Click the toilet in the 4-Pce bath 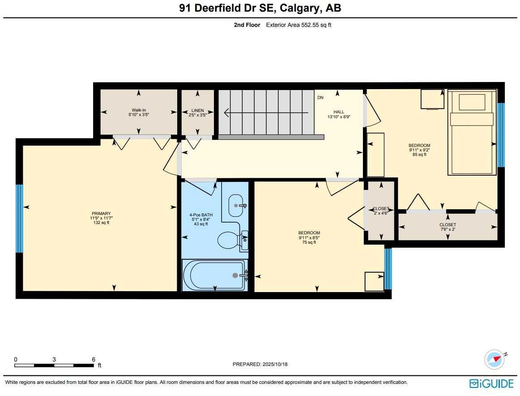(229, 240)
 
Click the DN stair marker (320, 97)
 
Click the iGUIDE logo (491, 383)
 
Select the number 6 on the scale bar (94, 359)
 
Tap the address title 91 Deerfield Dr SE (224, 8)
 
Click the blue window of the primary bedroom (19, 219)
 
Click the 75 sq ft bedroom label (309, 237)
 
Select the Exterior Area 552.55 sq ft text (298, 25)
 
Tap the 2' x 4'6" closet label (381, 211)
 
